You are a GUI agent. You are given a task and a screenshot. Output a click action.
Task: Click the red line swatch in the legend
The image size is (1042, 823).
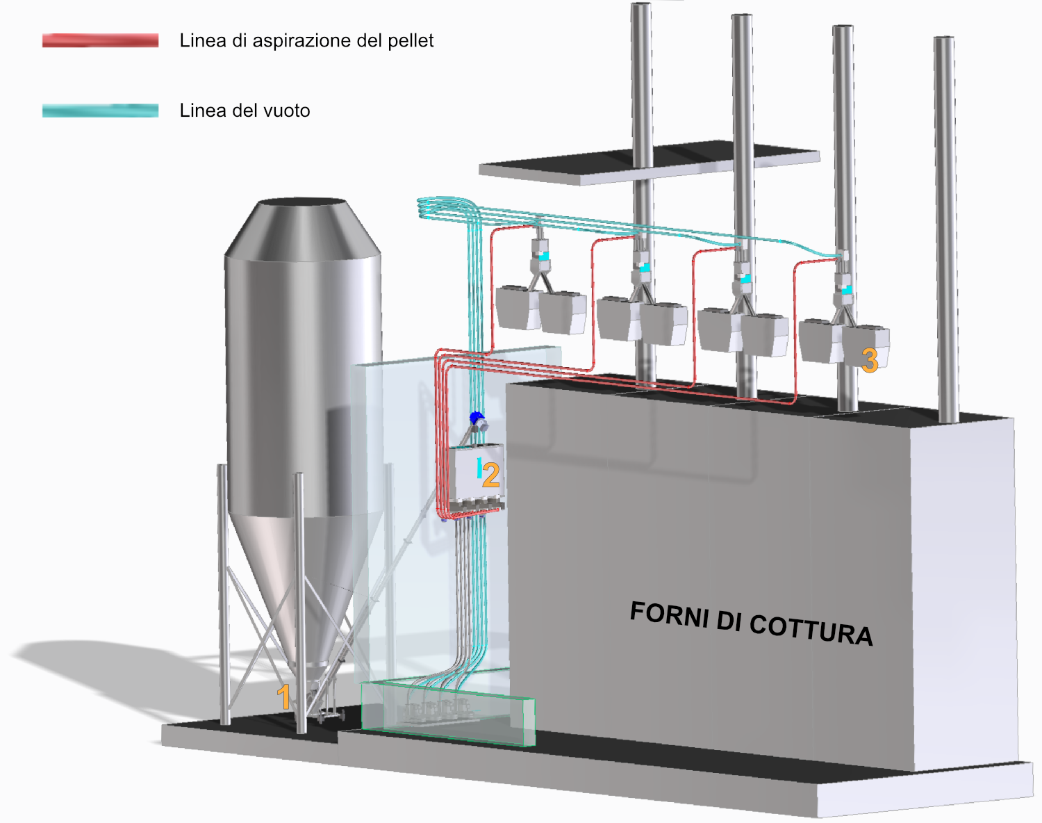[x=100, y=40]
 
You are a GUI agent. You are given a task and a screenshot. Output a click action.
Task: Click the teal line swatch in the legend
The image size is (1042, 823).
[x=100, y=111]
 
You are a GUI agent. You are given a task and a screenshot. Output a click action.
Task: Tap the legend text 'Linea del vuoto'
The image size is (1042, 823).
[x=245, y=111]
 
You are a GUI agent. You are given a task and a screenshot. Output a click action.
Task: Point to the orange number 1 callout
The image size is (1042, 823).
[x=283, y=697]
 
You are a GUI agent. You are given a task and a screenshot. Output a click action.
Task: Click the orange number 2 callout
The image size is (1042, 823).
[x=490, y=475]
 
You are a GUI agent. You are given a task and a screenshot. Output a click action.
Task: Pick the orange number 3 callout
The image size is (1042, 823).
[x=870, y=360]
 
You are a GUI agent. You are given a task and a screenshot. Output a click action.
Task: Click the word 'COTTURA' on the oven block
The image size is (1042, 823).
[x=811, y=628]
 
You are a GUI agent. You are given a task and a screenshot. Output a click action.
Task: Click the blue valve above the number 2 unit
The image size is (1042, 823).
[x=476, y=418]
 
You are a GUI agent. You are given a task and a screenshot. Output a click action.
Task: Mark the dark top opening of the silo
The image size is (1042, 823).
[x=303, y=202]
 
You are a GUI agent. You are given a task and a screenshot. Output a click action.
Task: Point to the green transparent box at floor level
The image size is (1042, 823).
[x=448, y=714]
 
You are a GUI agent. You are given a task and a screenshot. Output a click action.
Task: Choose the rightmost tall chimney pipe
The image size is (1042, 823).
[x=945, y=229]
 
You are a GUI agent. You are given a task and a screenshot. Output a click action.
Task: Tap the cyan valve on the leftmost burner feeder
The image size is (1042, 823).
[x=544, y=256]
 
